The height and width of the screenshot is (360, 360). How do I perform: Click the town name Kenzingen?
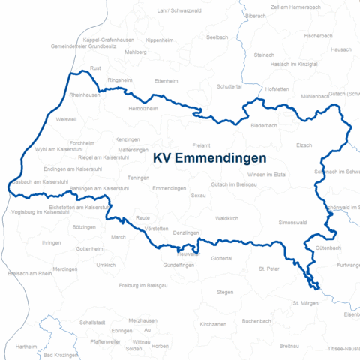tap(127, 139)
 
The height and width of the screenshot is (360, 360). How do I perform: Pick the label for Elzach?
tap(304, 145)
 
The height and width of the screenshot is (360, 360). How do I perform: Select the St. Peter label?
tap(268, 268)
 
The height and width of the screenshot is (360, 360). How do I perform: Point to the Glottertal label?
tap(222, 258)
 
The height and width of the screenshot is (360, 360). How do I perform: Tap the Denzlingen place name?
tap(186, 234)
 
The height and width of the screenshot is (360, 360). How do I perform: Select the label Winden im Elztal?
tap(267, 174)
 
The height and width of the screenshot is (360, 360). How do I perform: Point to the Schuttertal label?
tap(231, 87)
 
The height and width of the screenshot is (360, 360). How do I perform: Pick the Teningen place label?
tap(138, 178)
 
